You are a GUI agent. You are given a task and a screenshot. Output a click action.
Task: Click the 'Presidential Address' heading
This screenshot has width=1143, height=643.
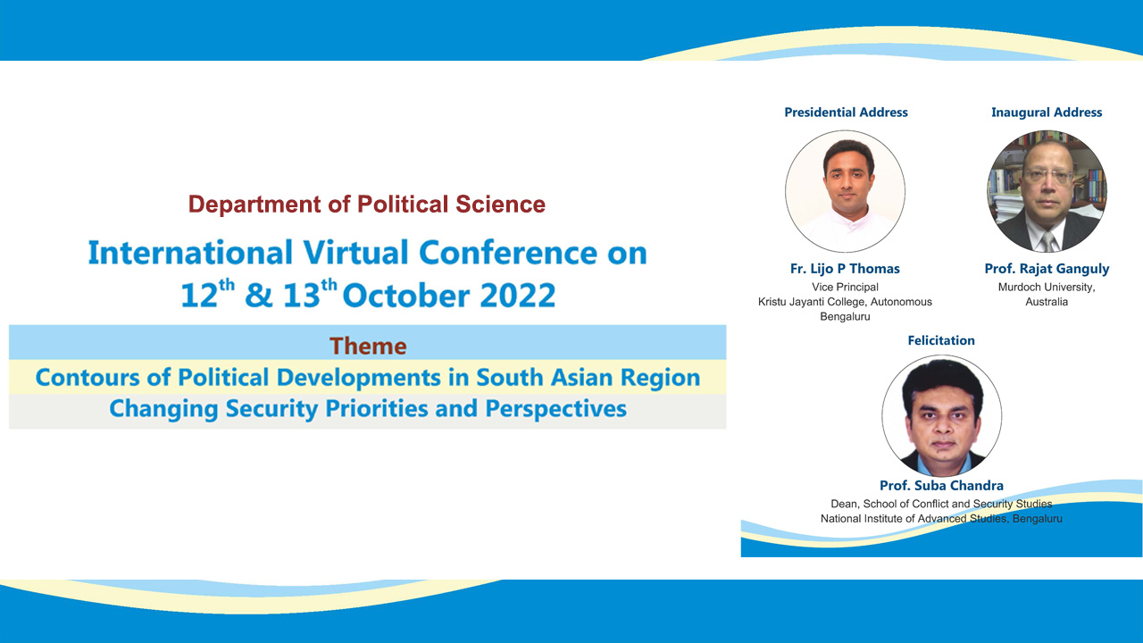coord(846,113)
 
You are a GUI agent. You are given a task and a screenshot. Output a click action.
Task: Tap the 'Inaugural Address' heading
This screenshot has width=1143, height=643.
coord(1047,113)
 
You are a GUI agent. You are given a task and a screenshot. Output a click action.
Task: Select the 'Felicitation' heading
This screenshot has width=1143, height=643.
coord(941,340)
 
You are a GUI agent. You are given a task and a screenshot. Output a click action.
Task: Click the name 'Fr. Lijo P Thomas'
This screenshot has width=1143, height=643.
coord(845,269)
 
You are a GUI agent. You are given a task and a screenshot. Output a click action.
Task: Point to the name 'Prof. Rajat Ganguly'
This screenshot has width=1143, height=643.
coord(1047,269)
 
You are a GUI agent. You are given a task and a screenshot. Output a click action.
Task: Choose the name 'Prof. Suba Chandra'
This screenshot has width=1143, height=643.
coord(941,485)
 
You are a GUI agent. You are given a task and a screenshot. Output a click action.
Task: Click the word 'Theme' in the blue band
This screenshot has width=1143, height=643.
coord(368,346)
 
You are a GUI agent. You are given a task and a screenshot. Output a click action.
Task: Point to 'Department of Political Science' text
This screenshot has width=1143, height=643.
coord(367,205)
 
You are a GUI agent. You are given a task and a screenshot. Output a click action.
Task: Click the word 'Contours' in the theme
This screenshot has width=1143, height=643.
coord(88,378)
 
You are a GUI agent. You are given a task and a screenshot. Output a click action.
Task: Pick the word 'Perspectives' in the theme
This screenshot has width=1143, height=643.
coord(555,409)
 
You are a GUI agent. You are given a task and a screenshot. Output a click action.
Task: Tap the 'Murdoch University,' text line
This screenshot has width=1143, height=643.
coord(1047,288)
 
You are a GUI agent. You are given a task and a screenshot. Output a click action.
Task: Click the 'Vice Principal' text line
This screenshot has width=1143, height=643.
coord(845,288)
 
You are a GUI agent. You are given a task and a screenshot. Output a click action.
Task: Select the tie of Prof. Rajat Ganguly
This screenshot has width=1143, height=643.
coord(1047,242)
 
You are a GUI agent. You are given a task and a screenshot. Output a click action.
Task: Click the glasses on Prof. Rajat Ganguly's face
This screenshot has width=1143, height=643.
coord(1048,176)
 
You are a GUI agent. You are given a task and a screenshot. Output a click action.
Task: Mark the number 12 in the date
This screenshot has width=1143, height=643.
coord(199,296)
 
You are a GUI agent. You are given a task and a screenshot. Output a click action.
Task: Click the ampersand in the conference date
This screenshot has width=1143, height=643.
coord(259,296)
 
